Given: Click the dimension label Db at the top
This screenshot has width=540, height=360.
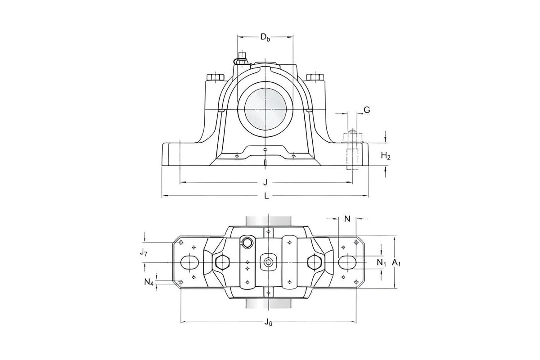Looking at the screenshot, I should click(x=265, y=37).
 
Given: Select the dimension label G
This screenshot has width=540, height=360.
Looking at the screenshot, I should click(x=367, y=110).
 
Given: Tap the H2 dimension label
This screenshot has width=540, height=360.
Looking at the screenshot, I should click(x=386, y=156).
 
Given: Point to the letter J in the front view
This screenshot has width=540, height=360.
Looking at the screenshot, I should click(x=265, y=182).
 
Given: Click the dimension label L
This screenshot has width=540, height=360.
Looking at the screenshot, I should click(x=266, y=196).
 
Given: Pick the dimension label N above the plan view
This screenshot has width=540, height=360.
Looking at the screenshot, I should click(x=347, y=219).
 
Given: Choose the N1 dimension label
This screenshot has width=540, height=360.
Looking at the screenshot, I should click(x=381, y=262).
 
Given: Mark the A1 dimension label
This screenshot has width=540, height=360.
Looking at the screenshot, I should click(x=396, y=262).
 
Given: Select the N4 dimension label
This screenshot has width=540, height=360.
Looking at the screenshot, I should click(x=149, y=283).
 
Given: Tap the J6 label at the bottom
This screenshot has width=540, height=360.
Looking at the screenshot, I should click(x=268, y=322).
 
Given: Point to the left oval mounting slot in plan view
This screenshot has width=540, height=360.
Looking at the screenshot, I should click(x=189, y=262).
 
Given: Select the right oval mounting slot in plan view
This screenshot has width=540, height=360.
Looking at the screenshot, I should click(x=347, y=262).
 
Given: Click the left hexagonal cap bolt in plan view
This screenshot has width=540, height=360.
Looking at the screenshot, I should click(x=222, y=262).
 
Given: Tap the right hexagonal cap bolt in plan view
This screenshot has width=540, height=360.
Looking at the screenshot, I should click(x=314, y=262).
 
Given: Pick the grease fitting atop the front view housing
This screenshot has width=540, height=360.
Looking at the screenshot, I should click(x=242, y=58).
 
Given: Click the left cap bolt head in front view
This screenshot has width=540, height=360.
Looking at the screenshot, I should click(x=215, y=77).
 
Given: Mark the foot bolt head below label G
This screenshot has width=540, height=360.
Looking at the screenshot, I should click(x=352, y=135).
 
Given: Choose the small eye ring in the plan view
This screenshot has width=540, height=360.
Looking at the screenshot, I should click(x=247, y=243).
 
